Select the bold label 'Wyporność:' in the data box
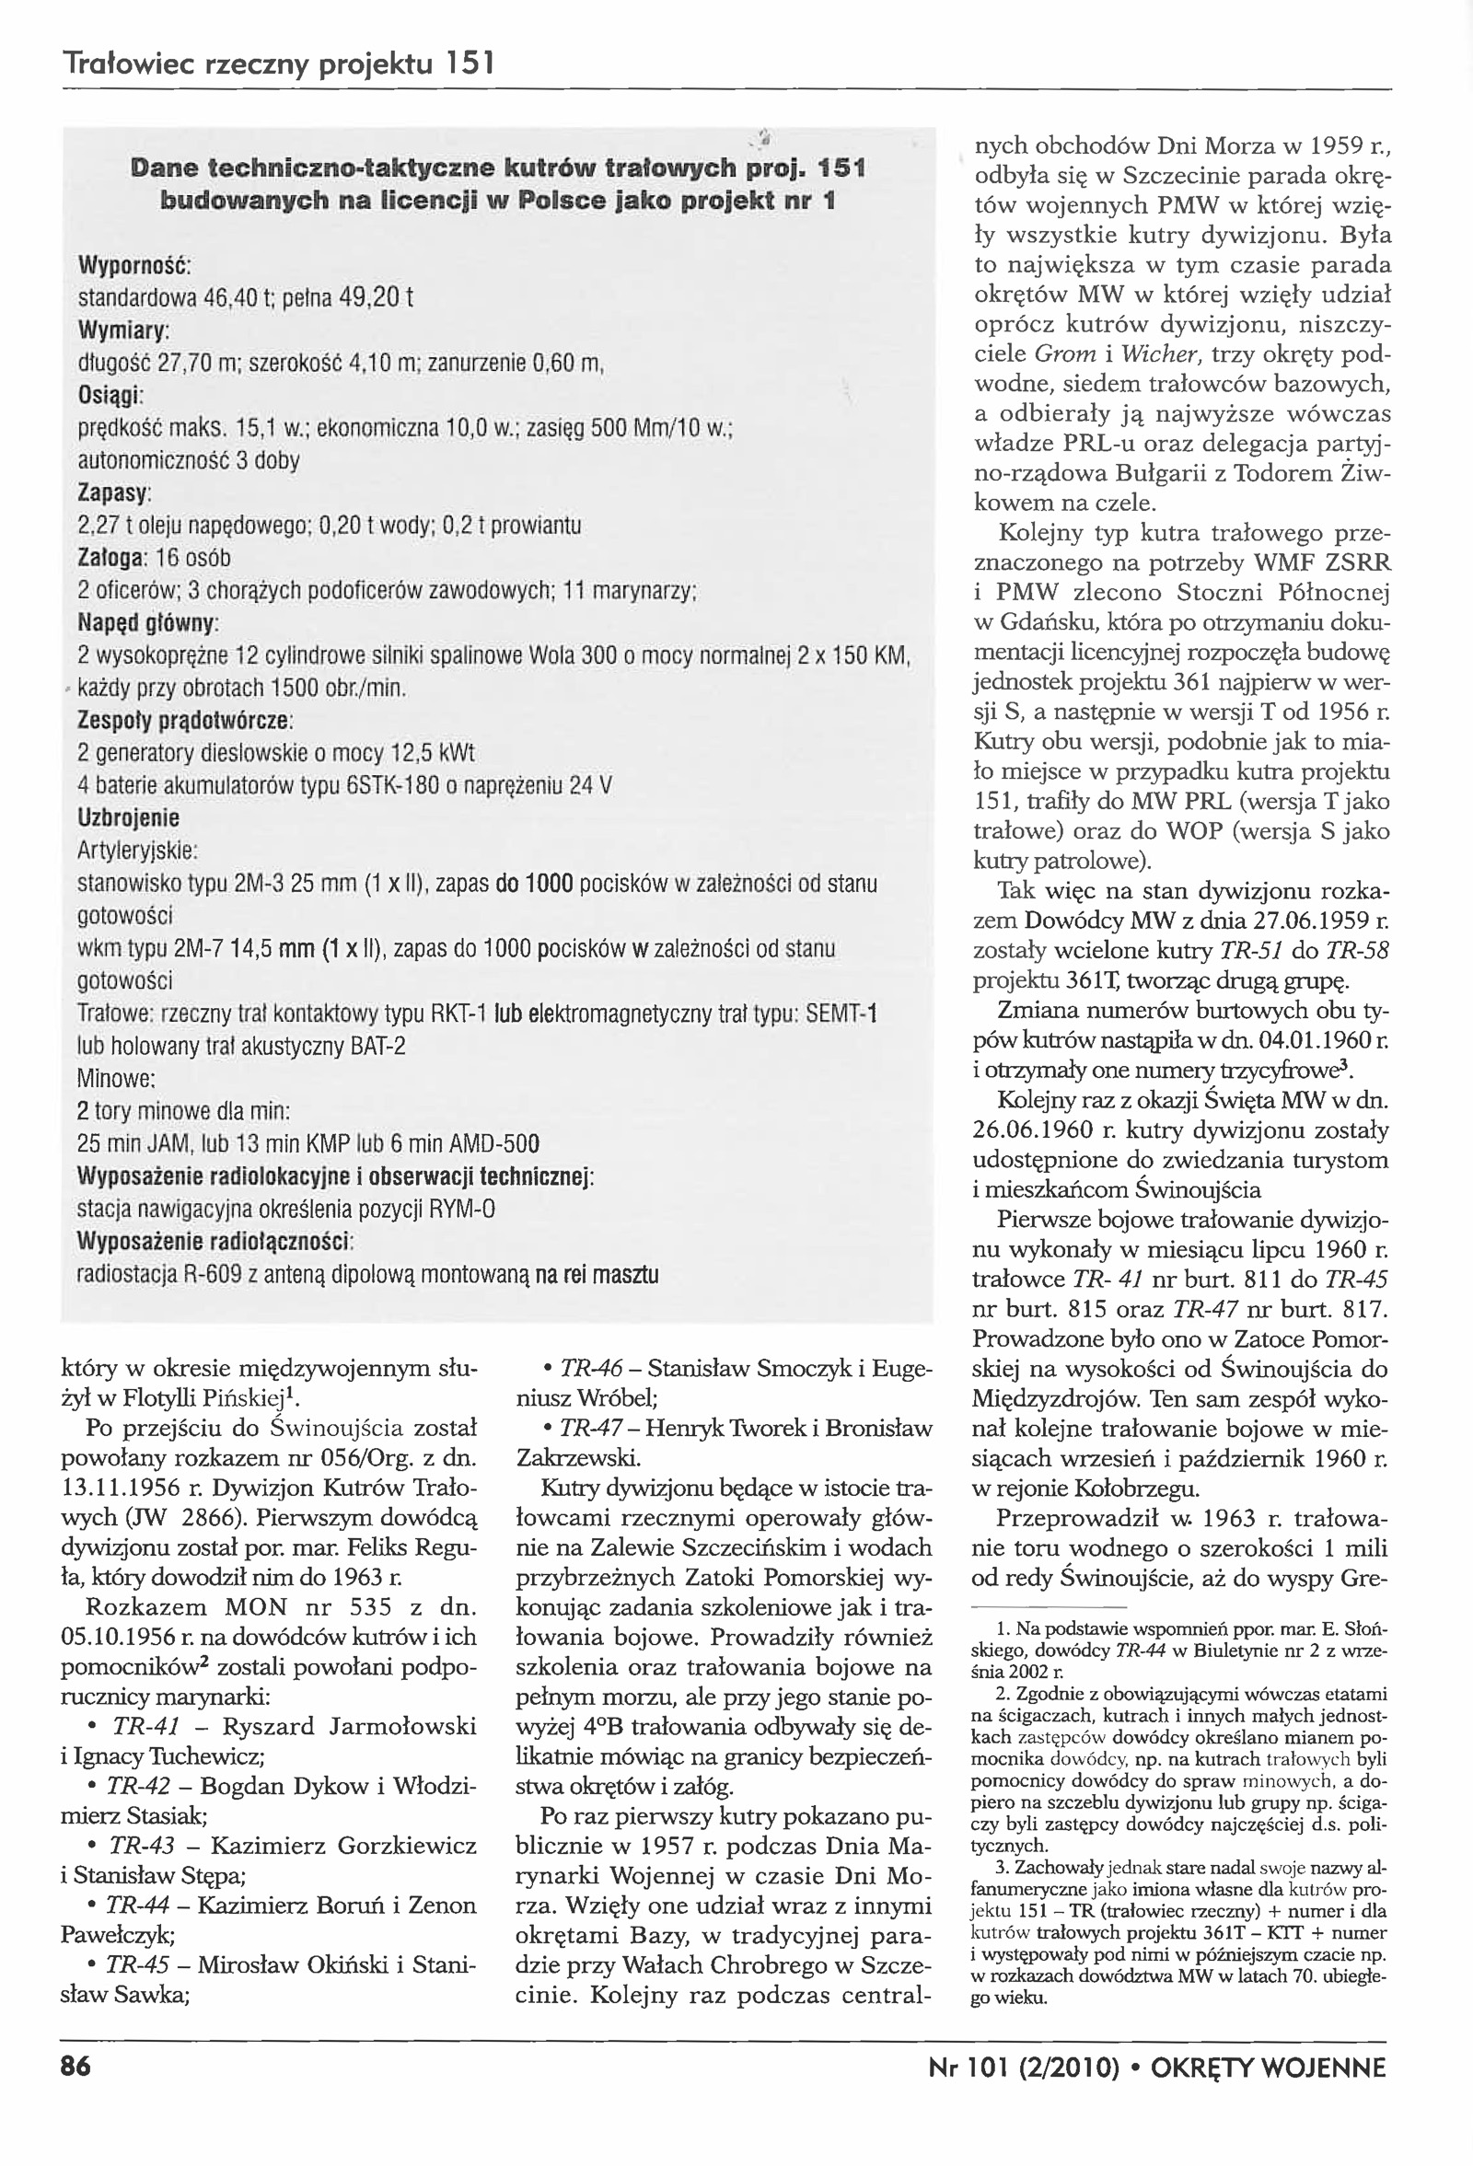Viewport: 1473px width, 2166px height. coord(133,266)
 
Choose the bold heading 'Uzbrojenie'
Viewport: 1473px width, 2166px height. coord(128,817)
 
